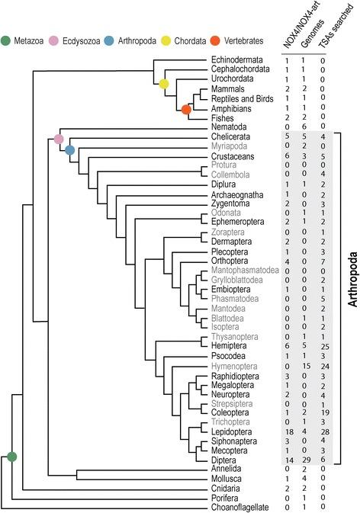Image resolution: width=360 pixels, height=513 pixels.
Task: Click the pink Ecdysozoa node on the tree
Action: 59,139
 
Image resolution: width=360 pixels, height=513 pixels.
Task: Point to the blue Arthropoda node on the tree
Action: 69,149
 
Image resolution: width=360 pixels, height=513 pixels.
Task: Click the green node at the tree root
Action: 11,456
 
